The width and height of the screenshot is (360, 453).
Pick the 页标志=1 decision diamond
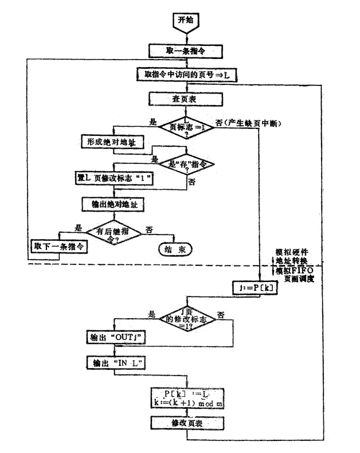(x=186, y=126)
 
